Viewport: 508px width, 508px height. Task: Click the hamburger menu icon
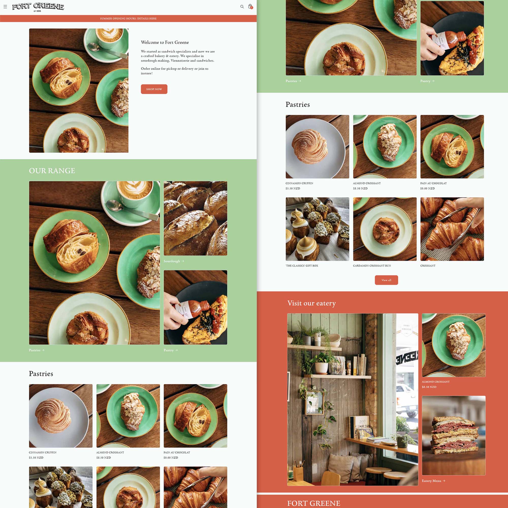pyautogui.click(x=5, y=7)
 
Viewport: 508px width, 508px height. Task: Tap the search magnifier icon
pyautogui.click(x=242, y=7)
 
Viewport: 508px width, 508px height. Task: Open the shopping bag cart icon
pyautogui.click(x=250, y=6)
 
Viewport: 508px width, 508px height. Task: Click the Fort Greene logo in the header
pyautogui.click(x=38, y=7)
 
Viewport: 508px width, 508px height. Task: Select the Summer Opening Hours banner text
pyautogui.click(x=128, y=18)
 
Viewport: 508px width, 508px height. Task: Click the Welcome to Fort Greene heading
pyautogui.click(x=165, y=42)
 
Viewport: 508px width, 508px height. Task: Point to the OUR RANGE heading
pyautogui.click(x=52, y=171)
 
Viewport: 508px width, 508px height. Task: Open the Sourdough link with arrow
pyautogui.click(x=173, y=261)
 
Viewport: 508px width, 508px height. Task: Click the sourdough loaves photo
pyautogui.click(x=195, y=218)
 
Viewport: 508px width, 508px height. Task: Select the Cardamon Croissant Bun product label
pyautogui.click(x=372, y=266)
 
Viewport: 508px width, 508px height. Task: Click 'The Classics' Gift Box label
pyautogui.click(x=301, y=266)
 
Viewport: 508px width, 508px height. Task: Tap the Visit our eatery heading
pyautogui.click(x=311, y=303)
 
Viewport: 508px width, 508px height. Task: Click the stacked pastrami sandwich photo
pyautogui.click(x=454, y=435)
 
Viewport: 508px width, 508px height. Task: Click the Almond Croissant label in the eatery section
pyautogui.click(x=435, y=382)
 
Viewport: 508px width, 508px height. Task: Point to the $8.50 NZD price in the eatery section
pyautogui.click(x=429, y=387)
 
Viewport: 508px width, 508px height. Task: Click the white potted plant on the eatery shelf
pyautogui.click(x=321, y=367)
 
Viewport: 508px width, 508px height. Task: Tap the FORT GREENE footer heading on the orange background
pyautogui.click(x=313, y=503)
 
